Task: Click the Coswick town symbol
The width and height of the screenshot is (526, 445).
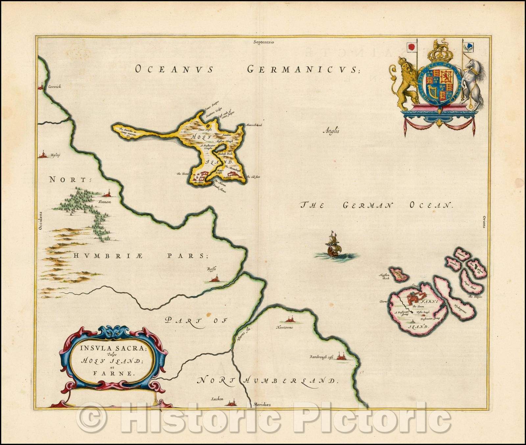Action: point(41,87)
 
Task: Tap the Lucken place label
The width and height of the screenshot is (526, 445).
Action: point(217,399)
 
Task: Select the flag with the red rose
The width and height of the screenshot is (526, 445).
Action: point(411,47)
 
